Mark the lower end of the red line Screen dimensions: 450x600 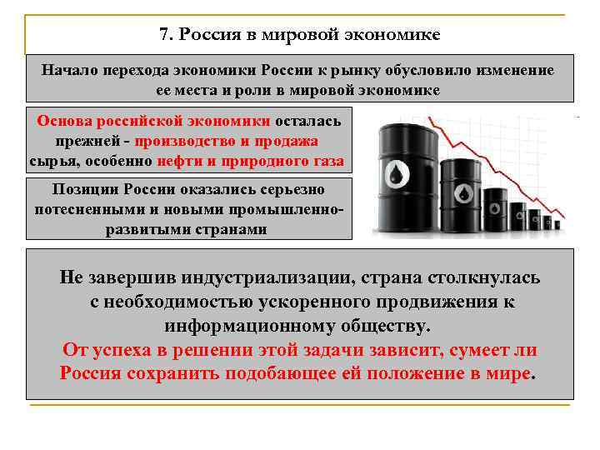tap(564, 218)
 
